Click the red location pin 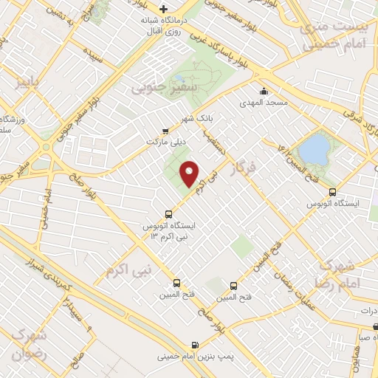190,174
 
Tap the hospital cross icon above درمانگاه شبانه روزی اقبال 152,8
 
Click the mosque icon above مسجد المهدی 264,92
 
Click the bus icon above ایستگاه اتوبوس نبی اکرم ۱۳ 168,214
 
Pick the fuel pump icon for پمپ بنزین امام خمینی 194,345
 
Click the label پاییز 32,81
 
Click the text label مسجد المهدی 264,104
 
